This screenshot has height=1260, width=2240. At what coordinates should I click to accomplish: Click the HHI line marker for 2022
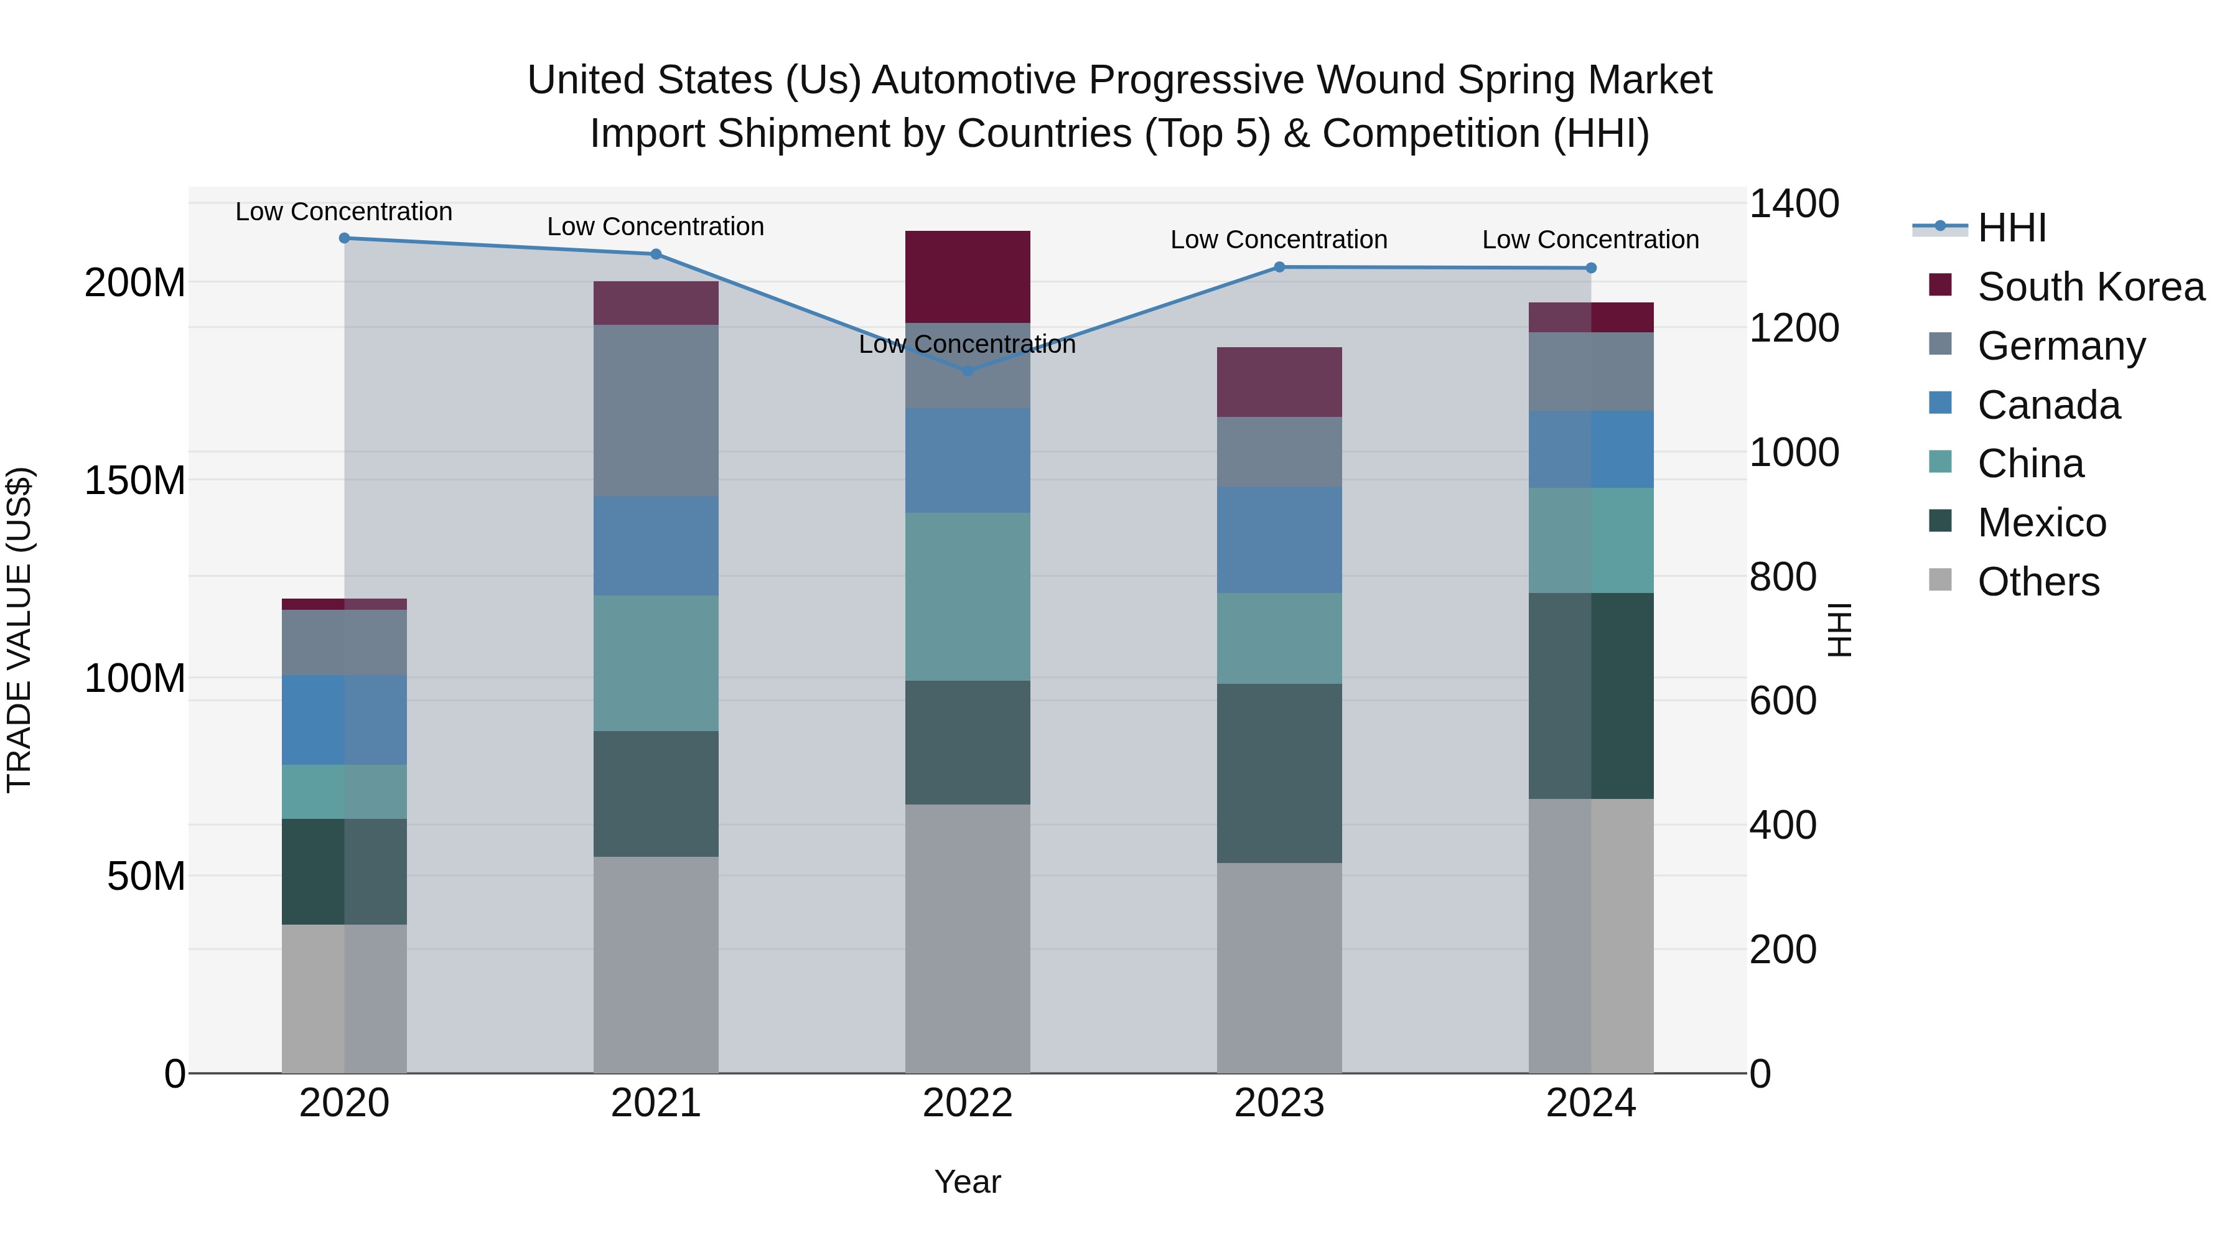[x=968, y=370]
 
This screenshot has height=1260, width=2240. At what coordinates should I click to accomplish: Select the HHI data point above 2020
[x=344, y=238]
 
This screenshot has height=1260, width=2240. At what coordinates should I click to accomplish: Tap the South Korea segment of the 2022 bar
[x=968, y=276]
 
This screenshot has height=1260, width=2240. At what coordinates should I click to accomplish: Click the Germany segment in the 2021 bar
[x=656, y=411]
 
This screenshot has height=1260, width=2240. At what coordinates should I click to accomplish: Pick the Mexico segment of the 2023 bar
[x=1279, y=773]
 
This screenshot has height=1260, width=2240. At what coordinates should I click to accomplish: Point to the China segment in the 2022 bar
[x=968, y=597]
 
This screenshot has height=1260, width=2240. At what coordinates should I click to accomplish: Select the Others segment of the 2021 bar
[x=656, y=964]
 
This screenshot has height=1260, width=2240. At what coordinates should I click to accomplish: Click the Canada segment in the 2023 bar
[x=1279, y=540]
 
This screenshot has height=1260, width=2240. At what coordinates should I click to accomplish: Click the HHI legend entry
[x=2011, y=228]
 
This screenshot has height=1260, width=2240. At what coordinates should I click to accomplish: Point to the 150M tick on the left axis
[x=135, y=480]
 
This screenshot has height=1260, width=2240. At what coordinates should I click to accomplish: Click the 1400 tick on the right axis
[x=1793, y=204]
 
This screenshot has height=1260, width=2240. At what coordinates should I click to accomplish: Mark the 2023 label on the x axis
[x=1279, y=1103]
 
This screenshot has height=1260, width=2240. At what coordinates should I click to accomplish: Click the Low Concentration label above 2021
[x=656, y=227]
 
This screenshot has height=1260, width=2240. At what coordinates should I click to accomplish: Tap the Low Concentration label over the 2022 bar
[x=968, y=344]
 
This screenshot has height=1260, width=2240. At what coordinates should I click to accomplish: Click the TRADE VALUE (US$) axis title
[x=20, y=630]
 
